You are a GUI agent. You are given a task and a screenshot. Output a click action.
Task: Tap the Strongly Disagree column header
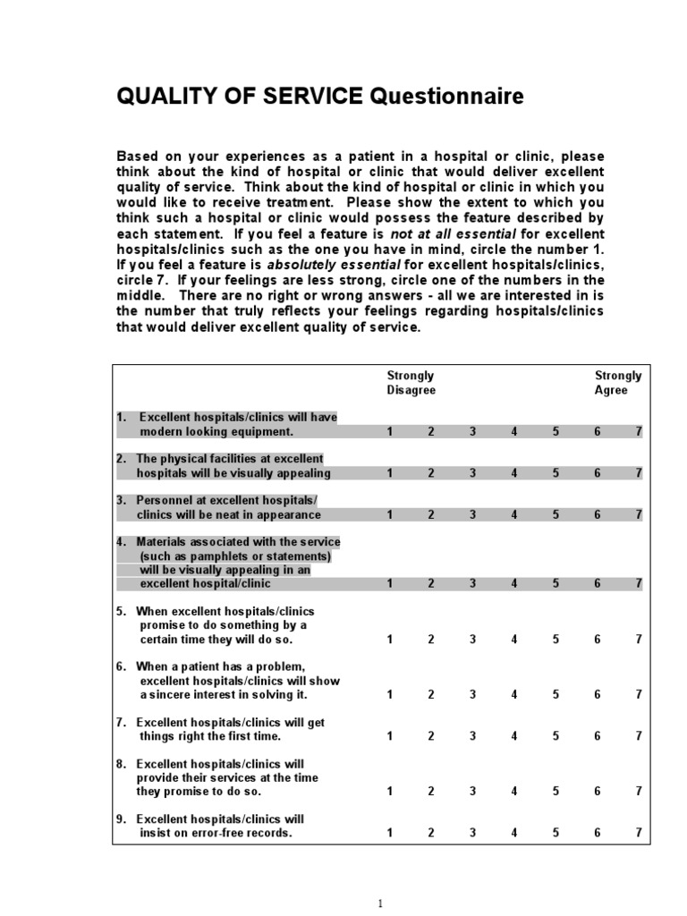411,383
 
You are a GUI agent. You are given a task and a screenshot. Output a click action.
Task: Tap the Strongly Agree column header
618,383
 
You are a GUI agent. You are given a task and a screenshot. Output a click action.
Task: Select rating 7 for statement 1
639,432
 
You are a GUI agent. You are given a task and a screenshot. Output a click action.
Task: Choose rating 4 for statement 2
514,473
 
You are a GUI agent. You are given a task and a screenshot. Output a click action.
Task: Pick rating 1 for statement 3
389,514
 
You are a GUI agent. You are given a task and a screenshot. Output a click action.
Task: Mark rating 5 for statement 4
556,583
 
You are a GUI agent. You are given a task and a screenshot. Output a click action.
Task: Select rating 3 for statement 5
472,640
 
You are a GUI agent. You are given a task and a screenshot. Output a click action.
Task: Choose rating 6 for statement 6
597,694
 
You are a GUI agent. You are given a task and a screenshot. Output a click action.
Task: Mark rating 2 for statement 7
430,736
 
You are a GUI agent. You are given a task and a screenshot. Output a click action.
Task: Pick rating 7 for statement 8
639,792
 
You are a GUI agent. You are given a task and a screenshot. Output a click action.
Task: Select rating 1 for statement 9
389,833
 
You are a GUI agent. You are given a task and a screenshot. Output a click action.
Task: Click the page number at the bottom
380,903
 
